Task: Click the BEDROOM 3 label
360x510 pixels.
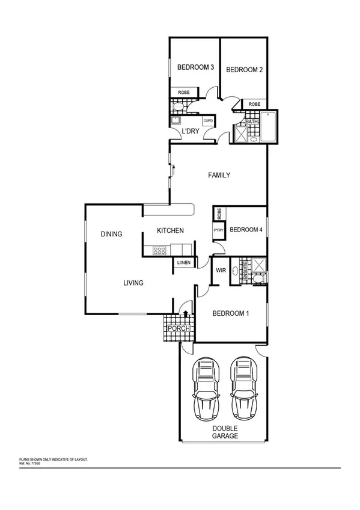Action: (x=195, y=67)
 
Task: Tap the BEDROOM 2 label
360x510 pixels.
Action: (x=244, y=70)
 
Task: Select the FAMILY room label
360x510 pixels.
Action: (x=219, y=176)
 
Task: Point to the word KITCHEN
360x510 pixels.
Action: (x=170, y=231)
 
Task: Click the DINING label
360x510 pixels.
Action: (x=112, y=235)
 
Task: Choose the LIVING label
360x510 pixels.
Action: (x=133, y=283)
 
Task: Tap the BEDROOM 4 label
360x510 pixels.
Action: (x=246, y=229)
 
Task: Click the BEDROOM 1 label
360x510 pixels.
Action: (x=231, y=313)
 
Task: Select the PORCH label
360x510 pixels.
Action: (x=178, y=328)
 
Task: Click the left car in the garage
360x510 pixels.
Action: (x=205, y=389)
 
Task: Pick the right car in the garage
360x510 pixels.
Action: (x=243, y=389)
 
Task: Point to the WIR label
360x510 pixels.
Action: (x=221, y=271)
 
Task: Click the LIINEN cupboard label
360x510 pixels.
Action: (x=184, y=263)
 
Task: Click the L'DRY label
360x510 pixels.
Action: (x=191, y=131)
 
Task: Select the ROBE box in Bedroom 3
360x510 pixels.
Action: (x=185, y=92)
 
